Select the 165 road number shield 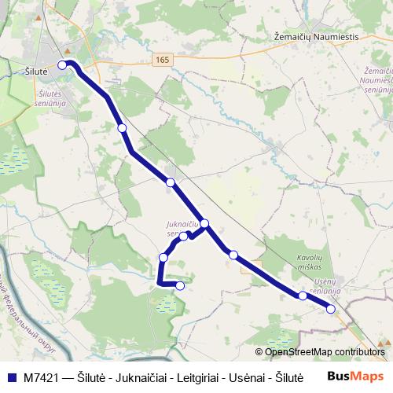[x=162, y=60]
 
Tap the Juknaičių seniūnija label [x=183, y=228]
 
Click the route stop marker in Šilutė [x=63, y=65]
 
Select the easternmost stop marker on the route [x=331, y=309]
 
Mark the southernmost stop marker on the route [x=180, y=285]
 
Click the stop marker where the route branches [x=204, y=224]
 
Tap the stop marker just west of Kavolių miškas [x=233, y=254]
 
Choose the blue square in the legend [x=13, y=376]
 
